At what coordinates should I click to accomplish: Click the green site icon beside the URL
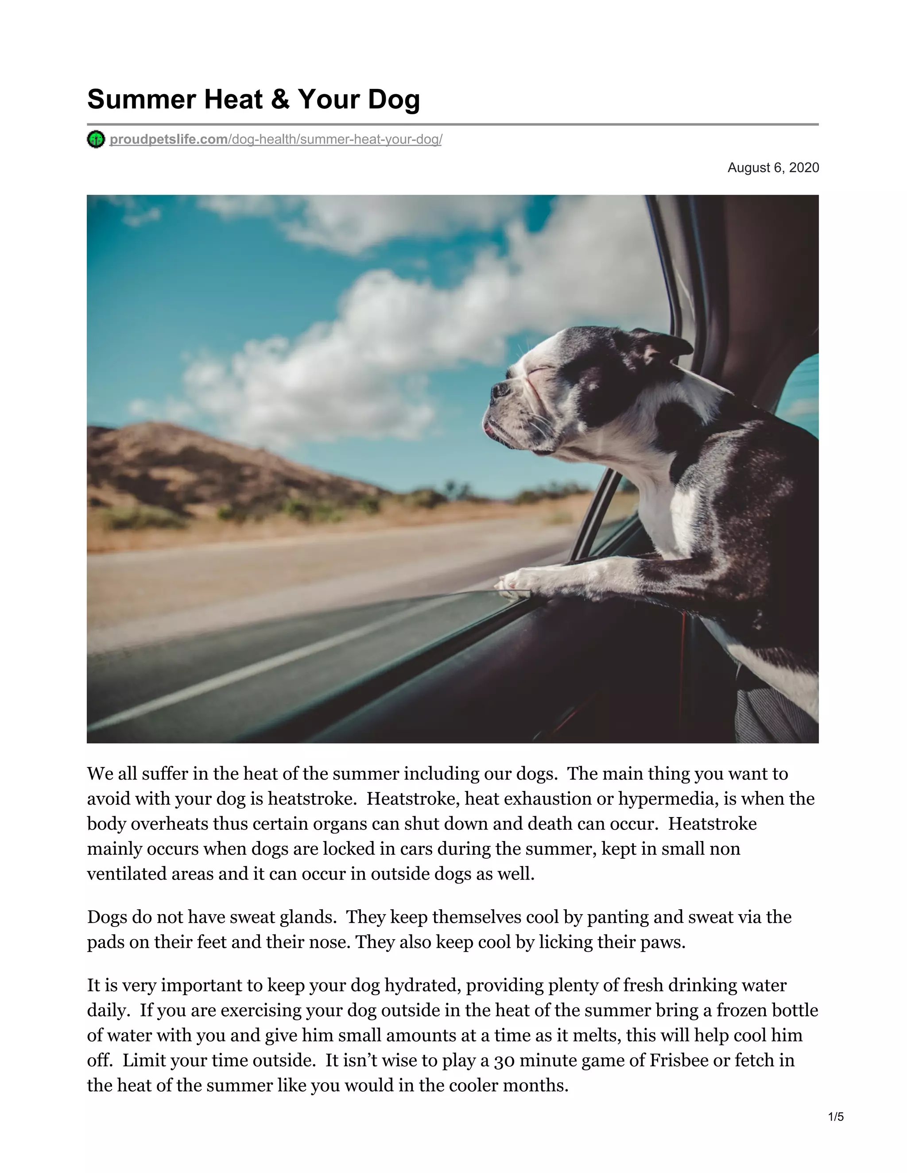(x=96, y=139)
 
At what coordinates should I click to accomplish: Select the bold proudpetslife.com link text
(x=169, y=139)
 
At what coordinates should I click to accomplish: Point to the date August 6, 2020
(x=773, y=168)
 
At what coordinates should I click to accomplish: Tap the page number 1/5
(x=836, y=1117)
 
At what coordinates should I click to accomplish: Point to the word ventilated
(x=127, y=874)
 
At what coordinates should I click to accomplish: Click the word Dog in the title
(x=393, y=99)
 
